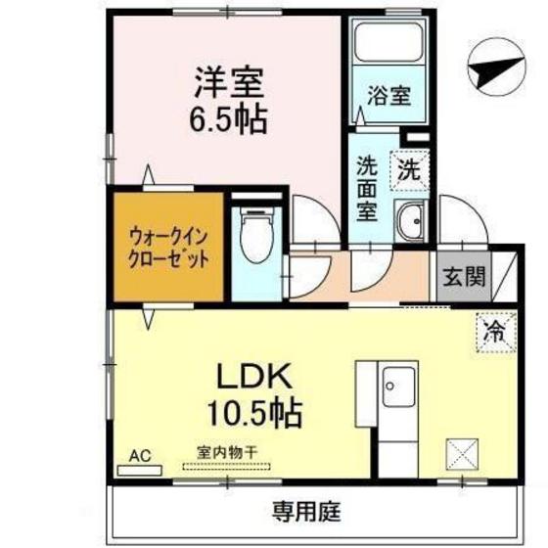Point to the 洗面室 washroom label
[x=367, y=188]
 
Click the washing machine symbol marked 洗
[x=410, y=168]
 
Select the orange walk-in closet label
[x=167, y=248]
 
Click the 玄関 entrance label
[x=462, y=277]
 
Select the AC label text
[x=139, y=455]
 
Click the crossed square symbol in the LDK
[x=461, y=456]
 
